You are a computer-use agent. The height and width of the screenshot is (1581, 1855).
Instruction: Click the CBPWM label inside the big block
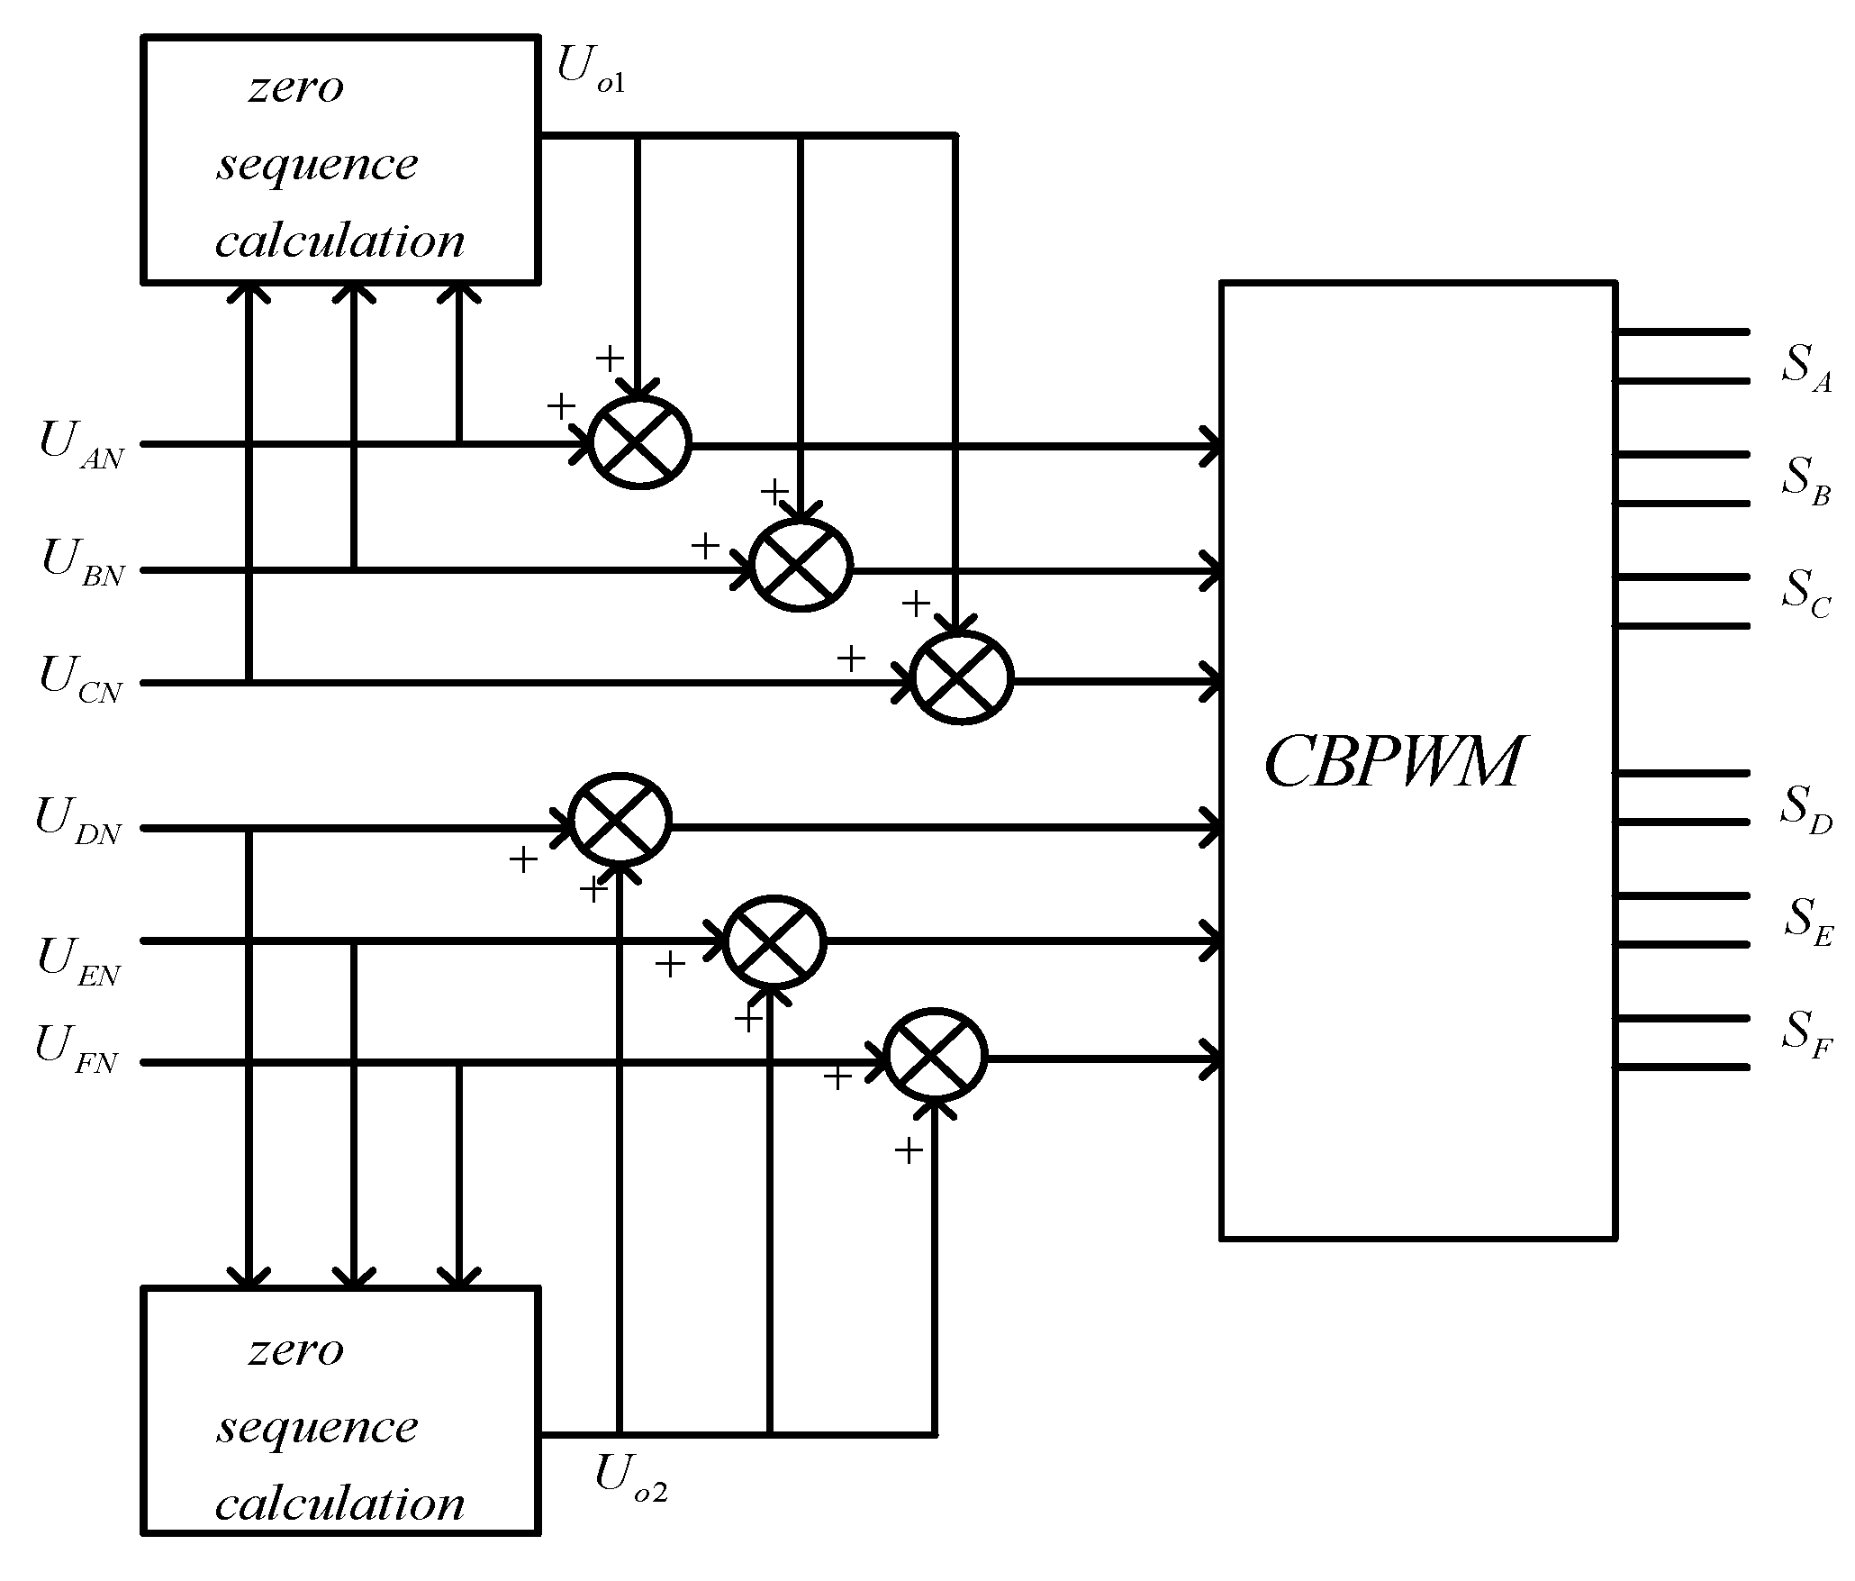[x=1391, y=762]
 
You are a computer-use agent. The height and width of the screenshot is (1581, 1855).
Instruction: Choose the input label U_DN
[x=78, y=821]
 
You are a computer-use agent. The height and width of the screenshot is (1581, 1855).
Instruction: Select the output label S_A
[x=1805, y=368]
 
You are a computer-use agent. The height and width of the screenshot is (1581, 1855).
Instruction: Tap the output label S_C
[x=1805, y=594]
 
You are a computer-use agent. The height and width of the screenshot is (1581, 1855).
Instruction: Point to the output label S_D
[x=1805, y=809]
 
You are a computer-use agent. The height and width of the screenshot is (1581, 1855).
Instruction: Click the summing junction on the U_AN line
[x=639, y=442]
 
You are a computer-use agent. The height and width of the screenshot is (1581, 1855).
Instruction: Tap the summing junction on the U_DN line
[x=620, y=821]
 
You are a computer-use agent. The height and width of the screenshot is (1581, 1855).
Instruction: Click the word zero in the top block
[x=296, y=88]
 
